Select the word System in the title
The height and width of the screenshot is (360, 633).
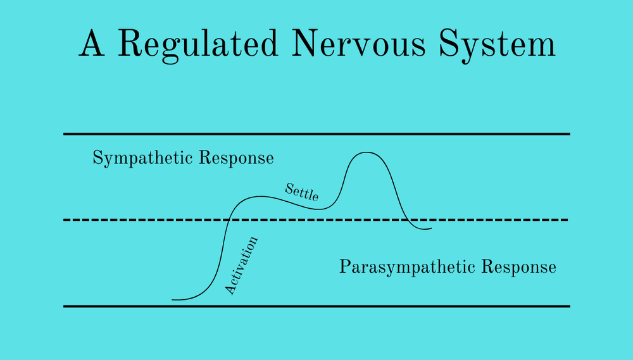click(x=495, y=45)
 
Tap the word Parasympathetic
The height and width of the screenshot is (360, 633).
click(x=407, y=267)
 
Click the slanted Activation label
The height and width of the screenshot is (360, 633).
click(x=241, y=266)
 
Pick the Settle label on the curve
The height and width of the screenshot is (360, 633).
click(x=301, y=192)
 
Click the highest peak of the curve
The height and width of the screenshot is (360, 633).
click(x=366, y=152)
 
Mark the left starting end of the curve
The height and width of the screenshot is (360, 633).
click(x=173, y=299)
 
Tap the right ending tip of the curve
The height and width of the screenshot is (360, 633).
click(x=431, y=228)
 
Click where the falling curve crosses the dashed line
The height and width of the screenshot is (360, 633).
click(x=406, y=220)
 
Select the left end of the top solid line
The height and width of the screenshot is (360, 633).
click(x=65, y=134)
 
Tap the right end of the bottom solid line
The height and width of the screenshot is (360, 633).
click(x=568, y=306)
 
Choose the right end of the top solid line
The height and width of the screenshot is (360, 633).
click(x=568, y=134)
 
